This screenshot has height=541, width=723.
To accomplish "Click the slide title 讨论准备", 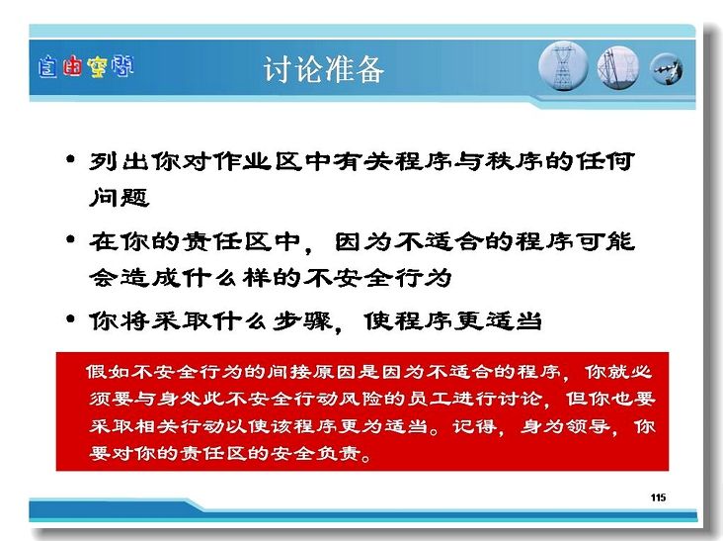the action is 324,69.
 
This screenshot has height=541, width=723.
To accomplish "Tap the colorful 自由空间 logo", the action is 86,67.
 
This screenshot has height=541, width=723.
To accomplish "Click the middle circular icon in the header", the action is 618,67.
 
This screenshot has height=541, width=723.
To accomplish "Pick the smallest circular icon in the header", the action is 667,69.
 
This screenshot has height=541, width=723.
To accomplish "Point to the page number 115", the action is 658,497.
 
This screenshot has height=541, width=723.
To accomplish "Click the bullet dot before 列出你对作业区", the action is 70,159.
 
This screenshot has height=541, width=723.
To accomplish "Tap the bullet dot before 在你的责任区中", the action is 70,239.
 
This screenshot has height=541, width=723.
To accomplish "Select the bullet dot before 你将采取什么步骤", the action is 70,319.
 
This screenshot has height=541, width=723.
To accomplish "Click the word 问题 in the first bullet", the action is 119,197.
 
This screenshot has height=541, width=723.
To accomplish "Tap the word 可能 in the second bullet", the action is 604,241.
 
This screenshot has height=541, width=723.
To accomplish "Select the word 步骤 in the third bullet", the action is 301,320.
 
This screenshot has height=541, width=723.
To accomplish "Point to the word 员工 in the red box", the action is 429,399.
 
